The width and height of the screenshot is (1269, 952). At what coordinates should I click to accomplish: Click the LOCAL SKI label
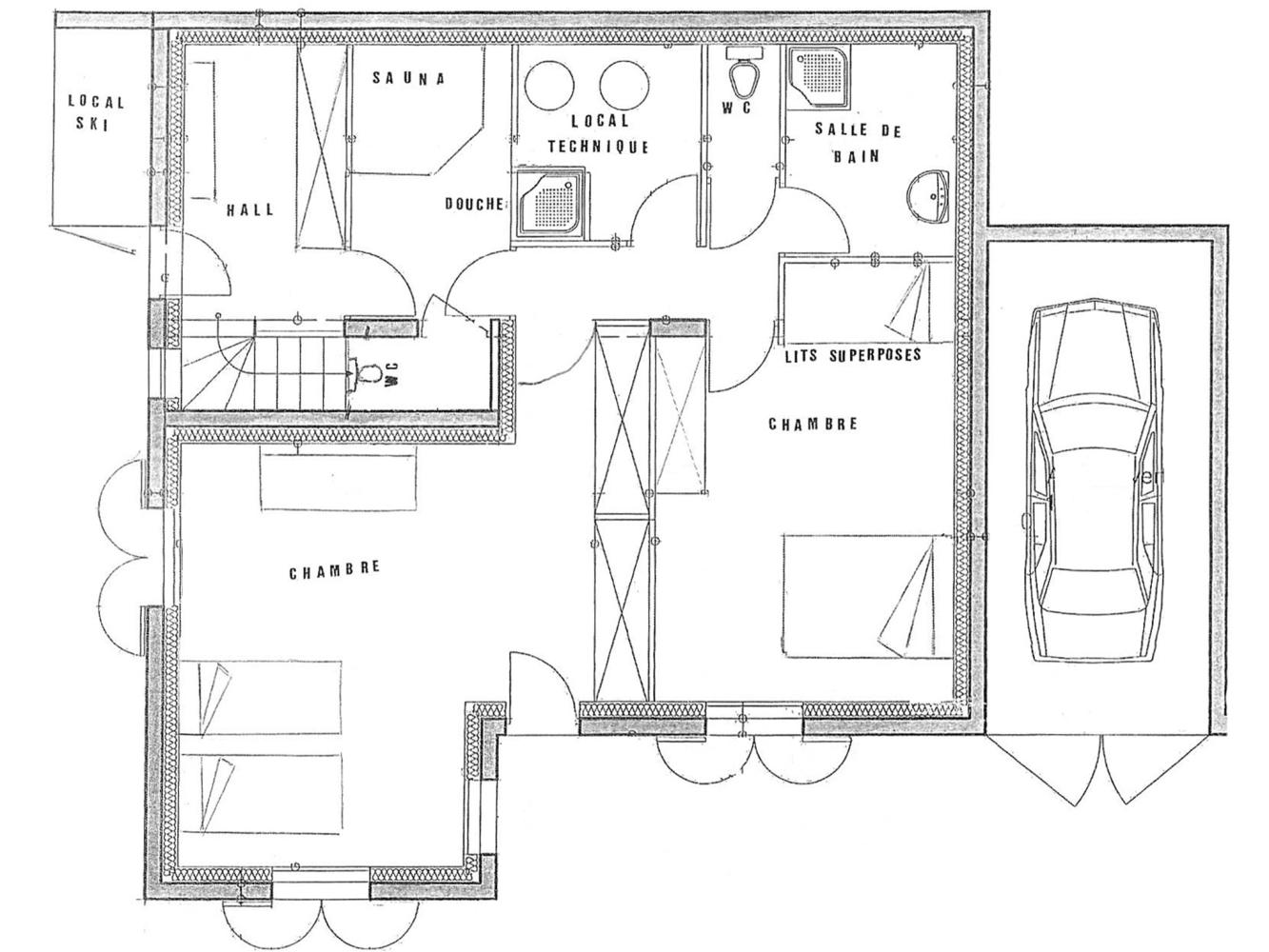pos(96,112)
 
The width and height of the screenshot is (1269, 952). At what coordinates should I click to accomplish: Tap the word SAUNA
pos(408,79)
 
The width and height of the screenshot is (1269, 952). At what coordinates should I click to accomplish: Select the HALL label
pos(249,209)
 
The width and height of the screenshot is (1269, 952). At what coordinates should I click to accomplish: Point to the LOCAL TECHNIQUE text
pos(599,133)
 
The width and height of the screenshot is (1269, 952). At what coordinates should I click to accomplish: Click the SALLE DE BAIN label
pos(858,143)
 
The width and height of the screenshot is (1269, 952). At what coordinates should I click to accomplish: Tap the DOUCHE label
pos(473,204)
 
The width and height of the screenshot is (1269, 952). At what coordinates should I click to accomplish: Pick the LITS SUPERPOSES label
pos(852,354)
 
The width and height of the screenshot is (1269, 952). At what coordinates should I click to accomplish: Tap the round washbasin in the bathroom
pos(928,196)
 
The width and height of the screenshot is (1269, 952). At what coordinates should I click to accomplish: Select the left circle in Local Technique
pos(548,85)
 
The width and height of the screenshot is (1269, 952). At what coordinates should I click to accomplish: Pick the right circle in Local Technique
pos(624,85)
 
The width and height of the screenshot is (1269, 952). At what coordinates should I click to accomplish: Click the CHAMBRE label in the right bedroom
pos(812,424)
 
